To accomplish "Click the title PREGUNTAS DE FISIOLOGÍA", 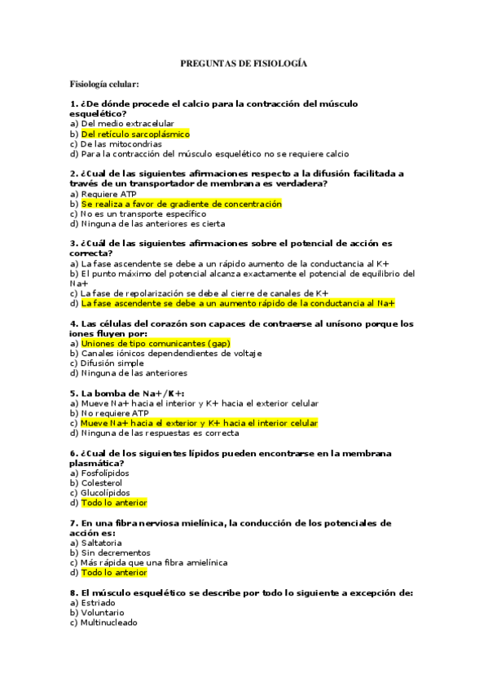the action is point(243,64).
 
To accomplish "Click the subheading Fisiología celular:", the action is point(104,84).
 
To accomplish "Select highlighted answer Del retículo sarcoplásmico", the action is point(135,134).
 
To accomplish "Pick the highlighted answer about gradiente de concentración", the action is point(182,204).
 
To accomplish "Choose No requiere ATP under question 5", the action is point(114,413).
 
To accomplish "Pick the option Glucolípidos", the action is point(105,493).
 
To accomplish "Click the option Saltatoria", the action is point(101,543).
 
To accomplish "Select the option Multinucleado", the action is point(108,623).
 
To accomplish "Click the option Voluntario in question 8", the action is point(103,613).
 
